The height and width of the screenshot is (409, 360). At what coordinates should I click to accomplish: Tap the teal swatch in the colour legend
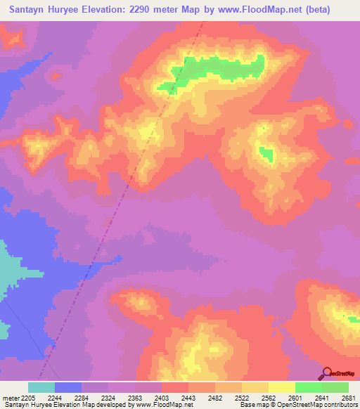click(41, 387)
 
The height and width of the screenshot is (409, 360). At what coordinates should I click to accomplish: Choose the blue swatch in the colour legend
click(68, 387)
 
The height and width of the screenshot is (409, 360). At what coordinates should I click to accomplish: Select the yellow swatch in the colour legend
click(281, 387)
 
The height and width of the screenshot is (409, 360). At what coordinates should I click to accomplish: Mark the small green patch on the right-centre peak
click(266, 152)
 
